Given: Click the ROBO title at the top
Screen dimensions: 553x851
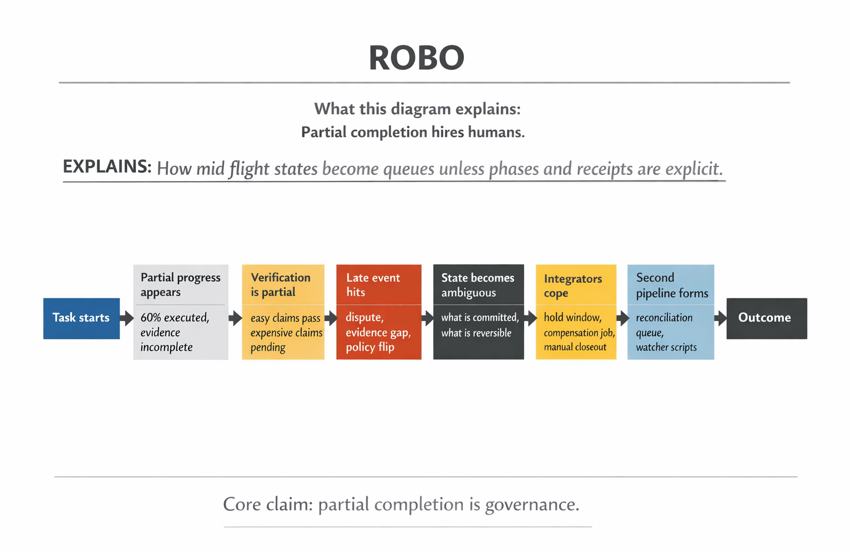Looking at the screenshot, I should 416,58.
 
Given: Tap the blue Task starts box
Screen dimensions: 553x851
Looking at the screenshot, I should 81,318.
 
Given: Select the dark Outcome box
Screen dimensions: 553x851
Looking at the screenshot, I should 766,318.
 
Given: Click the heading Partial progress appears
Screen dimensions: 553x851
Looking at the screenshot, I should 180,285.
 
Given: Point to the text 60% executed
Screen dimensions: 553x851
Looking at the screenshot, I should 175,318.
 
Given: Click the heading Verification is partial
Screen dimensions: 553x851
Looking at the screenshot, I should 280,285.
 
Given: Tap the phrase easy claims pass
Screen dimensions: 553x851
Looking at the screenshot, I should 285,318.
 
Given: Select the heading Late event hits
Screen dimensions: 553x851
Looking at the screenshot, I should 373,285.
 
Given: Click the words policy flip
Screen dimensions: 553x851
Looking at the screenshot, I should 370,347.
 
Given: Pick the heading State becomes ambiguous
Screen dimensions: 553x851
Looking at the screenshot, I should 478,285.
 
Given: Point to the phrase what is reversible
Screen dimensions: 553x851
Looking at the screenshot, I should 476,333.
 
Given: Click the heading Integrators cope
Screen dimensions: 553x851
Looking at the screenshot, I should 573,286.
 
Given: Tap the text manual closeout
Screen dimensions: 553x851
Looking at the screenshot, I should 575,347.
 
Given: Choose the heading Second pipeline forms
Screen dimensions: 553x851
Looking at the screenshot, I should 671,285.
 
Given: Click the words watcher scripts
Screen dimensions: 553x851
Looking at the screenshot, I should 666,348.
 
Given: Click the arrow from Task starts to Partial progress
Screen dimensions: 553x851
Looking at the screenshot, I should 127,318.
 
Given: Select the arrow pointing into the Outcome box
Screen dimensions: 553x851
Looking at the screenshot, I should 720,318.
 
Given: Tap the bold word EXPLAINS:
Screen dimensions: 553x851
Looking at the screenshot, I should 107,166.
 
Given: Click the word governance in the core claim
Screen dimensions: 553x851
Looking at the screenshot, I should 532,505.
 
